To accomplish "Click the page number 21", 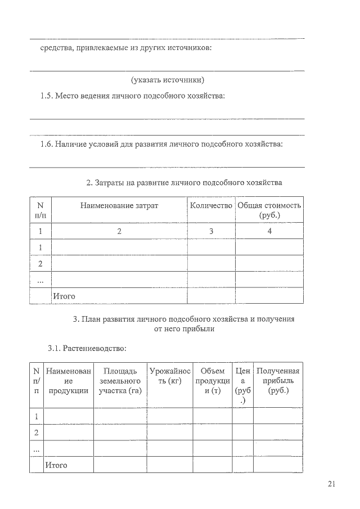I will click(x=331, y=484).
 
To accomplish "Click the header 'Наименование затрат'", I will click(x=119, y=206).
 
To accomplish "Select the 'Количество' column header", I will click(x=211, y=206).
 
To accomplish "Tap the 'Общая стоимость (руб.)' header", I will click(x=269, y=210).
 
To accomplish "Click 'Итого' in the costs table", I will click(x=64, y=296).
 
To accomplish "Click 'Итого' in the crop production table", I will click(x=56, y=465).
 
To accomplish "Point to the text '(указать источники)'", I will click(x=167, y=80).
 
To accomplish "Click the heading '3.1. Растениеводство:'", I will click(x=87, y=349).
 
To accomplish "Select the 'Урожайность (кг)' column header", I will click(x=170, y=376).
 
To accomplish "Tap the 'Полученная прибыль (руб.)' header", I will click(x=278, y=381).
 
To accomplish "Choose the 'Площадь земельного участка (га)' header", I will click(x=120, y=381).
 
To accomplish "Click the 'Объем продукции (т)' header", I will click(x=212, y=381).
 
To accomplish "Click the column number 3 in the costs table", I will click(x=211, y=231).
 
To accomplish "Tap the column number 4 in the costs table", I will click(x=269, y=231).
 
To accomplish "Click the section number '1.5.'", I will click(x=46, y=96).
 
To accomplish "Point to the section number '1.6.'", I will click(x=46, y=144).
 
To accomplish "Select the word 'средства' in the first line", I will click(x=54, y=48).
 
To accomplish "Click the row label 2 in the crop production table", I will click(x=37, y=433).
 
